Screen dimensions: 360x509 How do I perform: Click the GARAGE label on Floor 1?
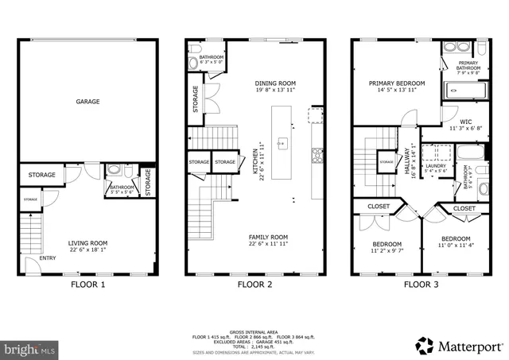(87, 102)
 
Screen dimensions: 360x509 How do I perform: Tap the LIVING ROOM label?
(87, 243)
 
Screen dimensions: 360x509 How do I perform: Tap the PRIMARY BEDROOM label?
(396, 83)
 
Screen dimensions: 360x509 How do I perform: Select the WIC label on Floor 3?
(443, 122)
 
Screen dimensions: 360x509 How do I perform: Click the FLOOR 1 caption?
(87, 284)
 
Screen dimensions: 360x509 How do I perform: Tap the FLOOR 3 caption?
(421, 284)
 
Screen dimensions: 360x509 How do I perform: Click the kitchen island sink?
(281, 144)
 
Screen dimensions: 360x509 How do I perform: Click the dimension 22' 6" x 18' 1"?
(87, 250)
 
